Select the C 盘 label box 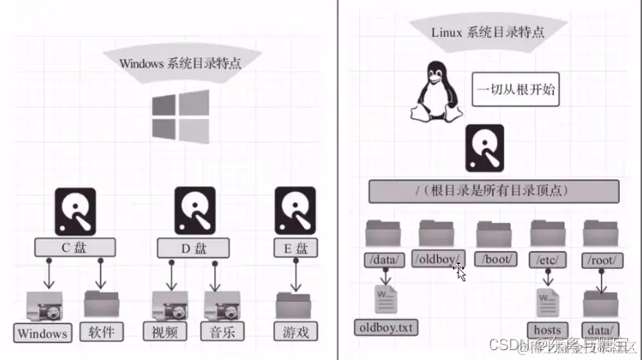[x=75, y=247]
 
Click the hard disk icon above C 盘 [x=75, y=211]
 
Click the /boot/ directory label [x=496, y=259]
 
